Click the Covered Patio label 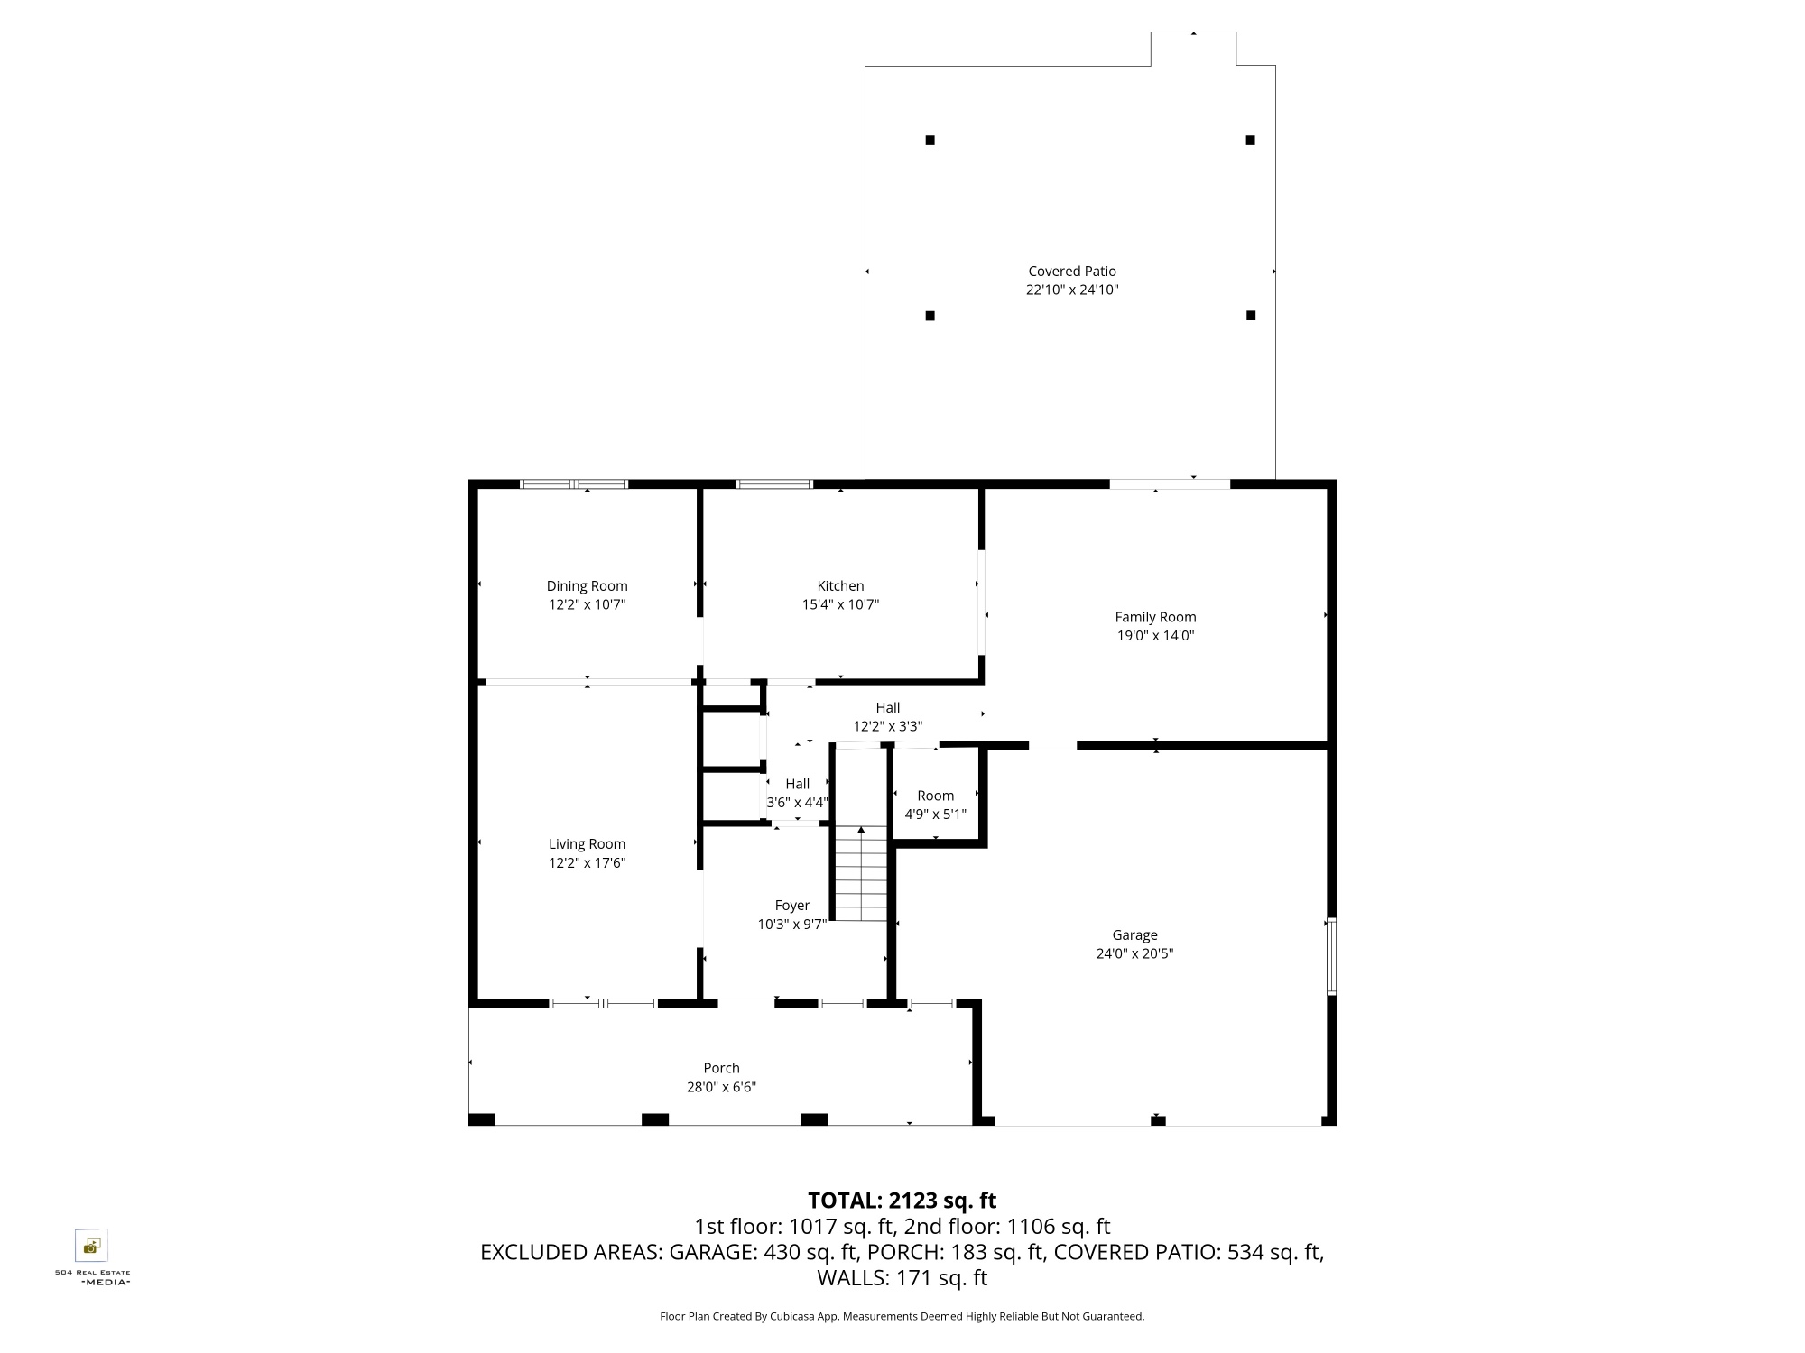click(1072, 271)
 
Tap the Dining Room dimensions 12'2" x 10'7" click(587, 605)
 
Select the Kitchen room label click(840, 586)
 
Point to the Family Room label click(1155, 617)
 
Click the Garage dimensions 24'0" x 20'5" click(1134, 954)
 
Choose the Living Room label click(587, 844)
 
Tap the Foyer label click(792, 906)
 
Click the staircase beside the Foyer click(861, 873)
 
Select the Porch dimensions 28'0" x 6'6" click(721, 1088)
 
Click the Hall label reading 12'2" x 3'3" click(888, 717)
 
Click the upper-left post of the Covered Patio click(930, 140)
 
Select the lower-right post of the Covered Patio click(1251, 316)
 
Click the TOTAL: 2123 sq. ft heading click(902, 1201)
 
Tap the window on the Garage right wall click(1331, 956)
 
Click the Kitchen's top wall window click(774, 484)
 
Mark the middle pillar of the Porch click(655, 1119)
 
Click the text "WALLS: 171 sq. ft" click(902, 1278)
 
